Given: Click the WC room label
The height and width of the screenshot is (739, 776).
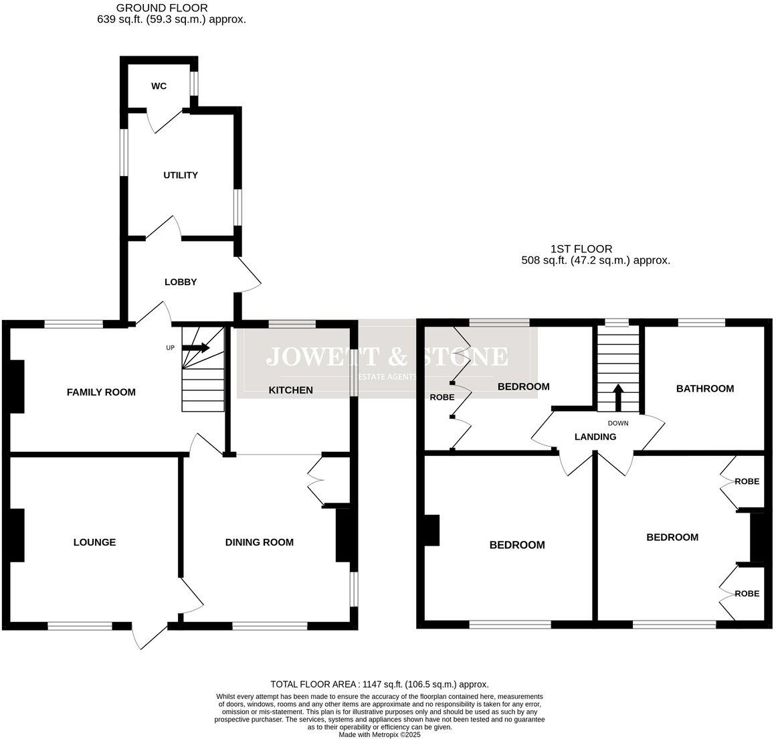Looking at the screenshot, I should click(159, 86).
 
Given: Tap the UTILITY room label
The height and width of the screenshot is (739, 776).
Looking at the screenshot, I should click(181, 175).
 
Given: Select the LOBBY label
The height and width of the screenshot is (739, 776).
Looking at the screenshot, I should click(181, 282).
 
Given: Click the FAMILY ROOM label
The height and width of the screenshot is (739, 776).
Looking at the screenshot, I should click(101, 392).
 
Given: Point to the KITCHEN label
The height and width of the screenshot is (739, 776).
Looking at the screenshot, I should click(290, 390).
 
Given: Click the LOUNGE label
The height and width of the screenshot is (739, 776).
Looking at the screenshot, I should click(94, 542).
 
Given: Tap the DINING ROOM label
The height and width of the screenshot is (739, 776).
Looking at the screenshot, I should click(259, 542).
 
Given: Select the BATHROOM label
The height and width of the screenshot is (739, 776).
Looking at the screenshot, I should click(704, 388).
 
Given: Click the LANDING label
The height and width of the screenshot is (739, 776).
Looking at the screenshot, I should click(595, 437).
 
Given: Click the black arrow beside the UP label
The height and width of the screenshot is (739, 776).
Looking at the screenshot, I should click(196, 347).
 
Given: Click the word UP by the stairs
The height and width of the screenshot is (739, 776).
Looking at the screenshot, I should click(171, 348).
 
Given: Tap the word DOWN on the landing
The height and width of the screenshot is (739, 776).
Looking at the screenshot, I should click(617, 423).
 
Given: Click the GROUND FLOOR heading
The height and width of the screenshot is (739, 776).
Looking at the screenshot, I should click(162, 8).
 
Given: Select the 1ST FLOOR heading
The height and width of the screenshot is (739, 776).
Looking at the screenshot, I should click(581, 249).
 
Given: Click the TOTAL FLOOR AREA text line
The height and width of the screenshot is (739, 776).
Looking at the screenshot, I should click(379, 684).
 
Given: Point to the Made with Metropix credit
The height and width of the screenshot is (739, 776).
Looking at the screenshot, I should click(379, 734).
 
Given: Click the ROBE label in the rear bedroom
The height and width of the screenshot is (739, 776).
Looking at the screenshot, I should click(442, 397).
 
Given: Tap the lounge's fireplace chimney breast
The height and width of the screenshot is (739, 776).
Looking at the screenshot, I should click(17, 535).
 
